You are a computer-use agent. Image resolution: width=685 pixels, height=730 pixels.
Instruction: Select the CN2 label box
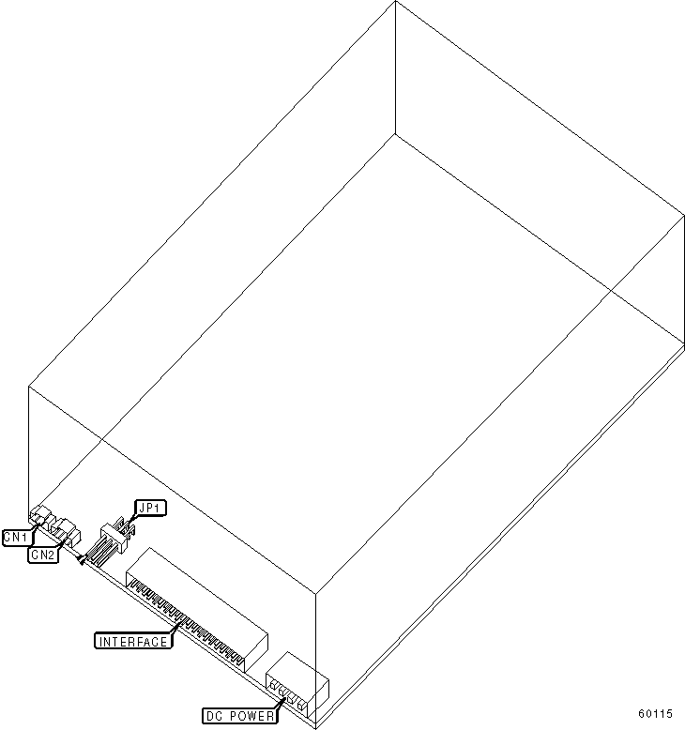coord(43,555)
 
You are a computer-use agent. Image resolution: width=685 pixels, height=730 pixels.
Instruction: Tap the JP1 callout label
coord(150,508)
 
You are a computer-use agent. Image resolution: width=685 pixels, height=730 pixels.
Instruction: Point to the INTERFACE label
coord(133,641)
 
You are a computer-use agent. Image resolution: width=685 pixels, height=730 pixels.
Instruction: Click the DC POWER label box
coord(240,716)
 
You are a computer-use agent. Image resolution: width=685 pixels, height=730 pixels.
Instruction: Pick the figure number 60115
coord(655,714)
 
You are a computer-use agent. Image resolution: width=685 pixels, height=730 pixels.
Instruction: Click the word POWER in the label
coord(251,716)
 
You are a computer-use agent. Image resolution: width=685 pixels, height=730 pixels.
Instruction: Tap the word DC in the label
coord(214,716)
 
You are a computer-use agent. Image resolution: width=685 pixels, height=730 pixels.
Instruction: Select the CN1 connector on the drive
coord(42,517)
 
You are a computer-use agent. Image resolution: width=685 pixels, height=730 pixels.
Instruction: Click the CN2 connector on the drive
coord(66,532)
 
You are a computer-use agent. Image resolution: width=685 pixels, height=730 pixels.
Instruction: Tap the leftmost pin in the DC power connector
coord(273,685)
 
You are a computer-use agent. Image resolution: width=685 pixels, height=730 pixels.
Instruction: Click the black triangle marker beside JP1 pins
coord(82,560)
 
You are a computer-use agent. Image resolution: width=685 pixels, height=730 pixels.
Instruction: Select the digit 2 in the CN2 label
coord(51,555)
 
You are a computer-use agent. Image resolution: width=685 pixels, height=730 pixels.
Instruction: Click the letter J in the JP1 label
coord(142,508)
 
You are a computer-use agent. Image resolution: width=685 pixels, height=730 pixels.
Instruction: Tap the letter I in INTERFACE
coord(101,642)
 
